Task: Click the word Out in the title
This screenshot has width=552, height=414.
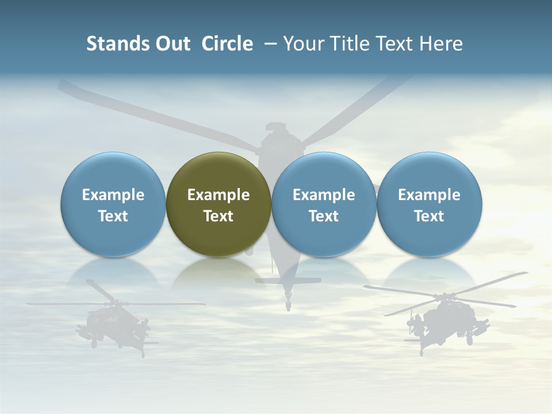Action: pos(171,44)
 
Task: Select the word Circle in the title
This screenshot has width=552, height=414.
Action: pos(227,44)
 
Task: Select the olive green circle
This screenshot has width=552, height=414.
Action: pos(218,205)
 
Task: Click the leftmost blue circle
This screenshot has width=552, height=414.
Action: pos(113,205)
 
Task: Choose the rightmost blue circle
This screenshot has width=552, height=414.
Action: pos(430,205)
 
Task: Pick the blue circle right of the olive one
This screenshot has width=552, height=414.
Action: pos(324,205)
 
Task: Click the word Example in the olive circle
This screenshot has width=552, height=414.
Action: pos(218,195)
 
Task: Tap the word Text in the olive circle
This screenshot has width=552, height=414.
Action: pos(218,216)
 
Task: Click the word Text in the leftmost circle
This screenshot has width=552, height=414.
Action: pos(113,216)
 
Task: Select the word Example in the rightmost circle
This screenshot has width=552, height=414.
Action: pos(430,195)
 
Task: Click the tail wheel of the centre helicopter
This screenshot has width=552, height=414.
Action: pos(288,301)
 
